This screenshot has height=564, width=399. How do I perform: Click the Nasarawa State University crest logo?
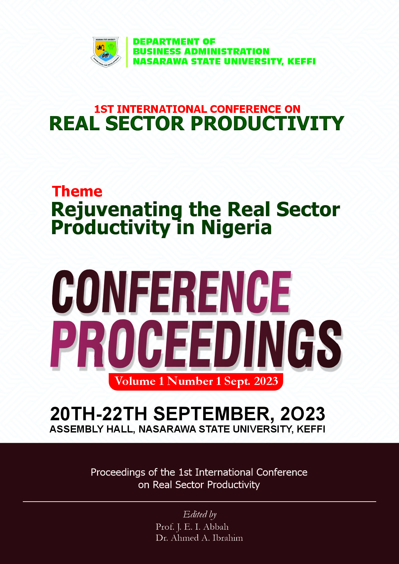click(x=106, y=52)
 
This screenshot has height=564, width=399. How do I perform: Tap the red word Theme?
click(x=77, y=192)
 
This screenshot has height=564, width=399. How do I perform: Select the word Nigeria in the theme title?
click(x=236, y=228)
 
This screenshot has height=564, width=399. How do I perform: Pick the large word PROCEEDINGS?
click(x=196, y=344)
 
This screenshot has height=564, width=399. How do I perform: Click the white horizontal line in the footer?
click(x=199, y=502)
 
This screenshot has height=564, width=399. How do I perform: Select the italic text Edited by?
click(x=200, y=514)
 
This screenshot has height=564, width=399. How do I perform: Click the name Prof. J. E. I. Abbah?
click(x=192, y=527)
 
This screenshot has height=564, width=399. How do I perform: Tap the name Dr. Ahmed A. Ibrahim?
click(x=199, y=538)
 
